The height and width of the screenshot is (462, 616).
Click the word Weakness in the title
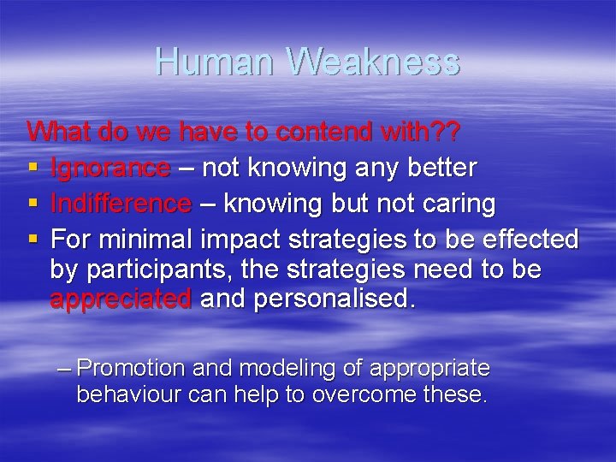(374, 62)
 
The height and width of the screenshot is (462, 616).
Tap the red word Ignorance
(110, 169)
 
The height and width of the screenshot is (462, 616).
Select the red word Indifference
(121, 204)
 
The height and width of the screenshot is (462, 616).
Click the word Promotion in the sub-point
(131, 369)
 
